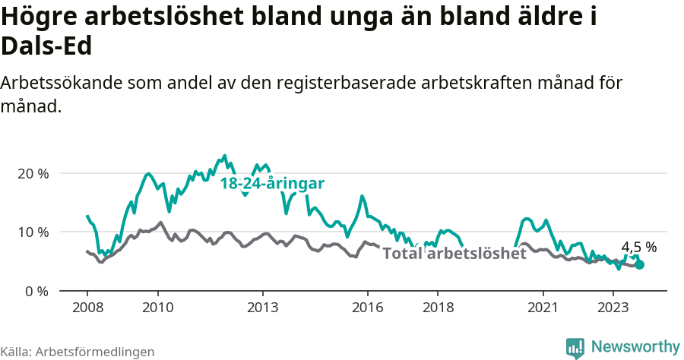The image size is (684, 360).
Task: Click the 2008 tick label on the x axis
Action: tap(87, 308)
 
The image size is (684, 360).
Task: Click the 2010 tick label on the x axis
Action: tap(157, 308)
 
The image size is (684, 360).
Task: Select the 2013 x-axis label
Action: tap(263, 308)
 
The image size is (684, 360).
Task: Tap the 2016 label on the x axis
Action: tap(368, 308)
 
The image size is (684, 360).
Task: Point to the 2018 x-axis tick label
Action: tap(438, 308)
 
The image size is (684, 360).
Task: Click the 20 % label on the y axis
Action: tap(33, 173)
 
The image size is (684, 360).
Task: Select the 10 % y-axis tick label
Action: tap(33, 232)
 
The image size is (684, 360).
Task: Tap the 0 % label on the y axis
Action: tap(36, 291)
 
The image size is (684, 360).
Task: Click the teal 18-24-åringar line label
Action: tap(272, 184)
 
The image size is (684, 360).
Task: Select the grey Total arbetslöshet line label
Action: tap(454, 254)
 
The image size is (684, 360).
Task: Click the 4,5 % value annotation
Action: tap(638, 248)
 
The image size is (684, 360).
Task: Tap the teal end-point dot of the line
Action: tap(640, 264)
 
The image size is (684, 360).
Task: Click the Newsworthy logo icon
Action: tap(575, 347)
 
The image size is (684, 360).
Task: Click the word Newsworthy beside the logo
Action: tap(635, 347)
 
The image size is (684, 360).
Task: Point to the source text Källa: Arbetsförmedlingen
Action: tap(78, 352)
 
